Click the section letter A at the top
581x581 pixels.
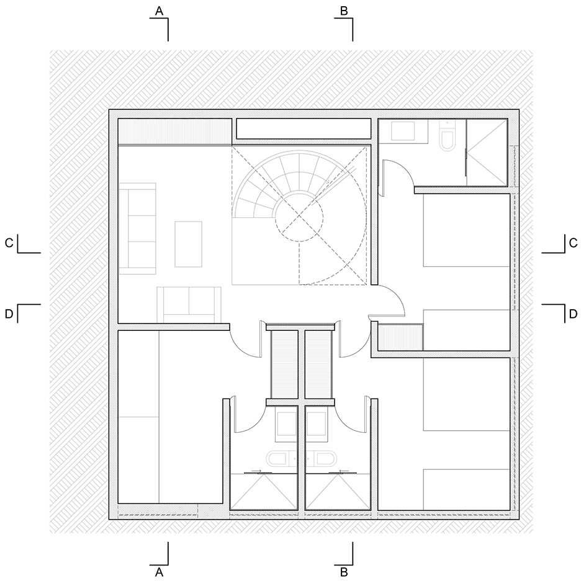159,12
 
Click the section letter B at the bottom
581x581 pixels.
344,572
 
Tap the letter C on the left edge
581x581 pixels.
9,243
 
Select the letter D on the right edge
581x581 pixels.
573,314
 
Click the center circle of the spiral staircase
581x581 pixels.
299,218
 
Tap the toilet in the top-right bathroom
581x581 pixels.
448,135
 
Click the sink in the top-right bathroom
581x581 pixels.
403,131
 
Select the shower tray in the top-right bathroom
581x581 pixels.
487,151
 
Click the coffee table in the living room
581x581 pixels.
188,244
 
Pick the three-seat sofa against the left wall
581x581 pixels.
137,228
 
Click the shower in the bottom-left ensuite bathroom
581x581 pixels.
264,492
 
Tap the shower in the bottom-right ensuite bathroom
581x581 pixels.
338,492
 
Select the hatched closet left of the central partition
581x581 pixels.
284,364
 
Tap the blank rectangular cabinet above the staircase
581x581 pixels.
304,128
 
